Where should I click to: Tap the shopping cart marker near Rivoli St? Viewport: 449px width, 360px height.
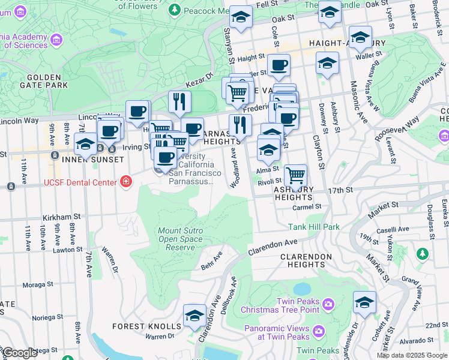[295, 176]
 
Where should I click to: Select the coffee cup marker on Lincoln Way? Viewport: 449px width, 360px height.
[137, 112]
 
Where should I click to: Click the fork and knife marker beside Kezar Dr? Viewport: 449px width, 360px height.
[179, 103]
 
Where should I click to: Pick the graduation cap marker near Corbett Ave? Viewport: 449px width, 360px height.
[364, 302]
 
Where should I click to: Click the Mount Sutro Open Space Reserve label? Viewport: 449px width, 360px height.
[180, 239]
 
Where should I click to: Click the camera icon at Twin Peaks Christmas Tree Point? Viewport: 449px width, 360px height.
[328, 305]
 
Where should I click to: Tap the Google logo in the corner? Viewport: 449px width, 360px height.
[19, 352]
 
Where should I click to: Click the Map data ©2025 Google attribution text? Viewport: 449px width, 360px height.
[411, 355]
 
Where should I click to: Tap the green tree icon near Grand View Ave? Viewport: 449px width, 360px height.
[423, 254]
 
